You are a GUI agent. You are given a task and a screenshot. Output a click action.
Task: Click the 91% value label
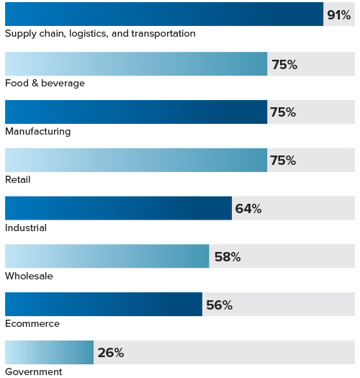coord(338,15)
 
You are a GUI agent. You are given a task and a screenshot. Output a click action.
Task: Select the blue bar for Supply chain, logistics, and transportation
coord(164,14)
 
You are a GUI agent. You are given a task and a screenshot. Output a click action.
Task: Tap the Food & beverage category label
coord(45,83)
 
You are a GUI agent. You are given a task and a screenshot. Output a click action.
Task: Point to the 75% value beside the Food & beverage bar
coord(284,65)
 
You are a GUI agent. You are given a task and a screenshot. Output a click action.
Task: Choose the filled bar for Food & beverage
coord(136,64)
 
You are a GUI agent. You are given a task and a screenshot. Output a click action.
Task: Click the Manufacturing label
coord(37,131)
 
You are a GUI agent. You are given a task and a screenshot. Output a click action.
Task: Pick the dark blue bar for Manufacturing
coord(136,112)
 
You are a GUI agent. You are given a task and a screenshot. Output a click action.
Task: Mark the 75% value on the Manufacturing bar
coord(283,112)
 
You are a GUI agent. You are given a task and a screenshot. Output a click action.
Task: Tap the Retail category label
coord(18,179)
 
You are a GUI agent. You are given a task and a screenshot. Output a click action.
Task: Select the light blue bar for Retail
coord(136,160)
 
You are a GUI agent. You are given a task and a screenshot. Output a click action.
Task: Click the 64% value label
coord(248,209)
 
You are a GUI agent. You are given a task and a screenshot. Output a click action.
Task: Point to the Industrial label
coord(26,228)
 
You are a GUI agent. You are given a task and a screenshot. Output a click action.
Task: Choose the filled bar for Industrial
coord(118,208)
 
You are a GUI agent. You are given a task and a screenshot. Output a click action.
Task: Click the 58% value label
coord(227,257)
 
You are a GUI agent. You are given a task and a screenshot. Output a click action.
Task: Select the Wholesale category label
coord(29,276)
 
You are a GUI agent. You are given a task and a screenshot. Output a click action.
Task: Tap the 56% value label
coord(219,305)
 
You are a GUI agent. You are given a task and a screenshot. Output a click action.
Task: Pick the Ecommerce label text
coord(32,324)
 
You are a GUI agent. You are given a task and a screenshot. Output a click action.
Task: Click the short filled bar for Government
coord(49,353)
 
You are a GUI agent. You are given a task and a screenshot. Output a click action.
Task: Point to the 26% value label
coord(111,353)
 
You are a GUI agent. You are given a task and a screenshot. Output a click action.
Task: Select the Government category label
coord(33,372)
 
